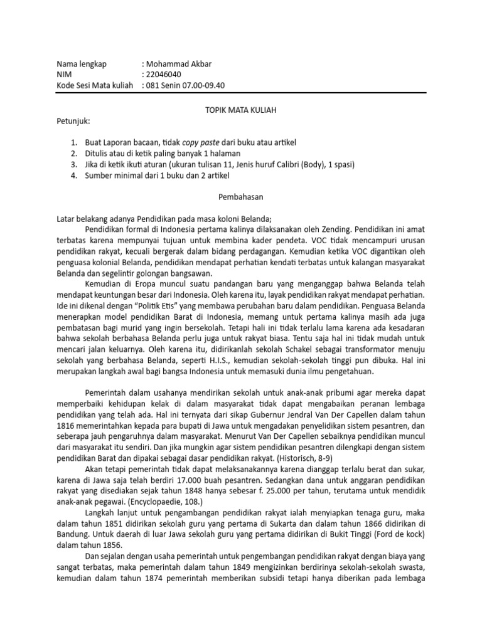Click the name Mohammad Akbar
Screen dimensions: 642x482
[179, 63]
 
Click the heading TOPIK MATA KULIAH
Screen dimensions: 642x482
[241, 109]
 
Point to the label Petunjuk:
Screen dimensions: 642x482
[73, 120]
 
